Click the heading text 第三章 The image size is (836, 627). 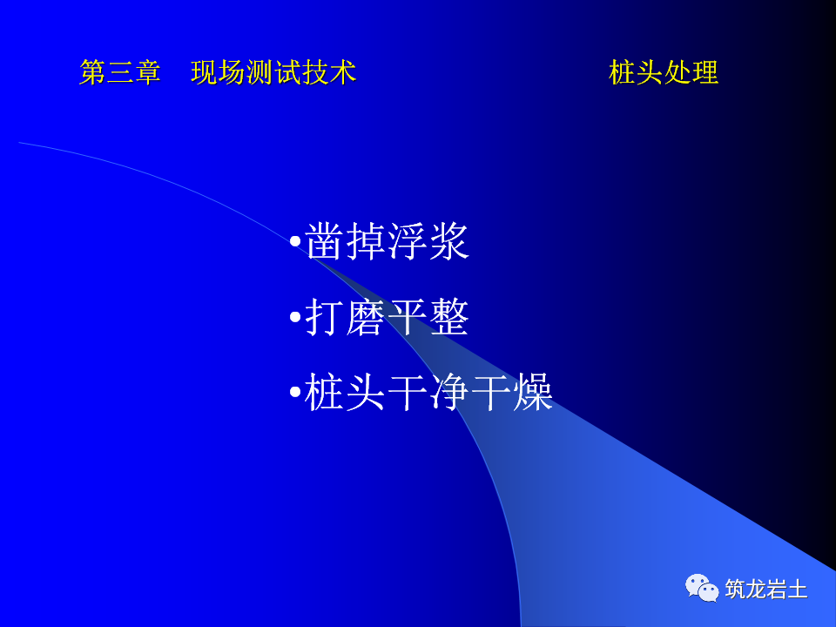pyautogui.click(x=120, y=72)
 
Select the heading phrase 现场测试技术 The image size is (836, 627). pyautogui.click(x=273, y=72)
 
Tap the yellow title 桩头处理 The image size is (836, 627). pyautogui.click(x=664, y=72)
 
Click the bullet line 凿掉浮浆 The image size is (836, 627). pyautogui.click(x=388, y=243)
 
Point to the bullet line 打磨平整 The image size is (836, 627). pyautogui.click(x=388, y=319)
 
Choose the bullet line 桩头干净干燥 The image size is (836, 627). pyautogui.click(x=428, y=394)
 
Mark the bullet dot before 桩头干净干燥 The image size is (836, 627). pyautogui.click(x=294, y=394)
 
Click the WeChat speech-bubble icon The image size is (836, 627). pyautogui.click(x=702, y=588)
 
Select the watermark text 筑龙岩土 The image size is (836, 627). pyautogui.click(x=766, y=589)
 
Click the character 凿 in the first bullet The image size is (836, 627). pyautogui.click(x=326, y=243)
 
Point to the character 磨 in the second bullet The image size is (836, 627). pyautogui.click(x=367, y=319)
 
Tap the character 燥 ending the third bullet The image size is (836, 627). pyautogui.click(x=533, y=394)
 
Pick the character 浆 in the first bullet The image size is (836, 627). pyautogui.click(x=449, y=243)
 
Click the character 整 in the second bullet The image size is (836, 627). pyautogui.click(x=449, y=319)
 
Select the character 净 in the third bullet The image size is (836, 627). pyautogui.click(x=449, y=394)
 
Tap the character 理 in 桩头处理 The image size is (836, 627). pyautogui.click(x=705, y=72)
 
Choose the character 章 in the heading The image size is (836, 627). pyautogui.click(x=148, y=72)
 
